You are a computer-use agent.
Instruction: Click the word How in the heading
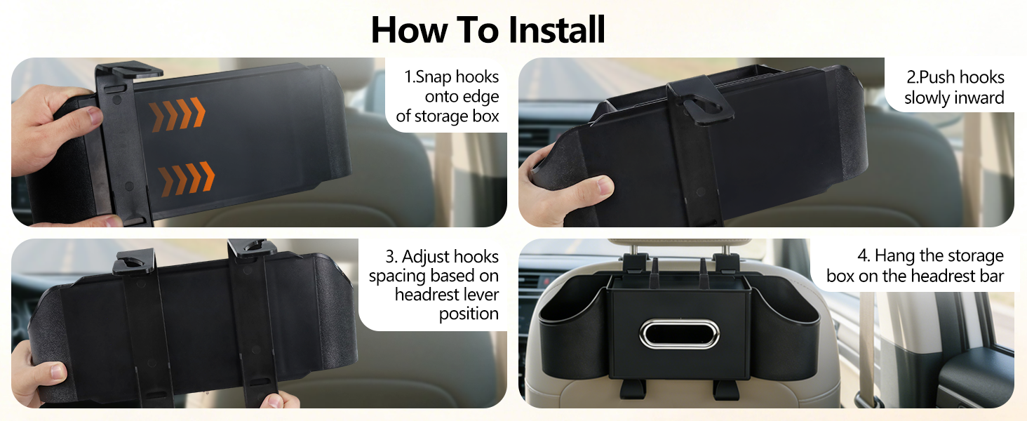[406, 29]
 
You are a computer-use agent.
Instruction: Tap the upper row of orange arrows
[177, 114]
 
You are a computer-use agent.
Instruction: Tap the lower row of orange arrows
[186, 179]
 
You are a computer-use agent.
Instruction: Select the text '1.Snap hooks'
[451, 76]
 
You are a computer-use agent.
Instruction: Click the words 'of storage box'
[447, 116]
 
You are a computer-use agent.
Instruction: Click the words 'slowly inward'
[953, 98]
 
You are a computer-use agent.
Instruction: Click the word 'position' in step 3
[469, 314]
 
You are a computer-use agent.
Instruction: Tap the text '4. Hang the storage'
[930, 255]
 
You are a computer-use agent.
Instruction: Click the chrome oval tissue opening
[679, 334]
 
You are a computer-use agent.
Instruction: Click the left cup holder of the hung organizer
[572, 330]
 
